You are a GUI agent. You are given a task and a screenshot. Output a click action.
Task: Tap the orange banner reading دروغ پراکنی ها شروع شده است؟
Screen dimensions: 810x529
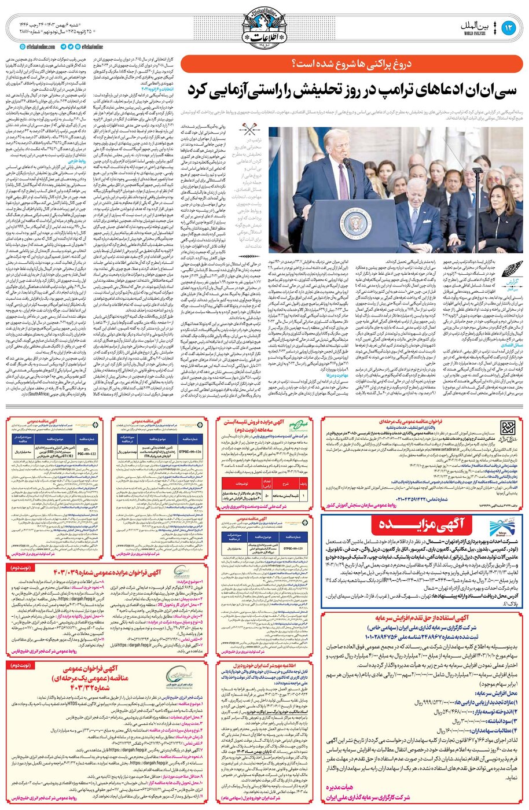tap(352, 63)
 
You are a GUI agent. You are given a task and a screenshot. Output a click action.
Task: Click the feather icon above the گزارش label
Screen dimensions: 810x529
tap(512, 270)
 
